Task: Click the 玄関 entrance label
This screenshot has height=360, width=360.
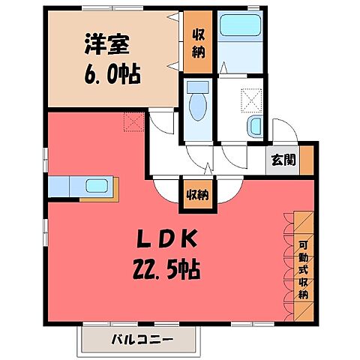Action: coord(283,160)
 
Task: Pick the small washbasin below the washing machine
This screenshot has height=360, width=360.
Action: coord(255,124)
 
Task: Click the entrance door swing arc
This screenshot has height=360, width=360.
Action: coord(281,129)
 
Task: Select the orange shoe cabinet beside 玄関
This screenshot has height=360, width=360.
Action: coord(306,159)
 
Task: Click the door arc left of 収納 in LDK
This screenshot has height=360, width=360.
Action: coord(166,189)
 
